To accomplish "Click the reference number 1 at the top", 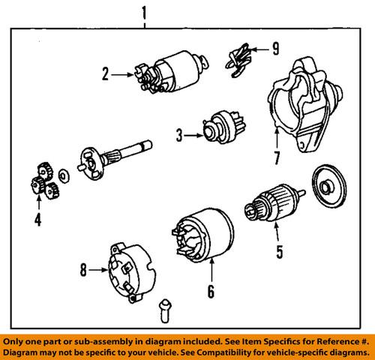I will (x=144, y=12).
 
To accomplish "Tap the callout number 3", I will (x=179, y=136).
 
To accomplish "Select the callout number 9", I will (x=274, y=50).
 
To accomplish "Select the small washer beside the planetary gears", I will (x=64, y=176).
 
